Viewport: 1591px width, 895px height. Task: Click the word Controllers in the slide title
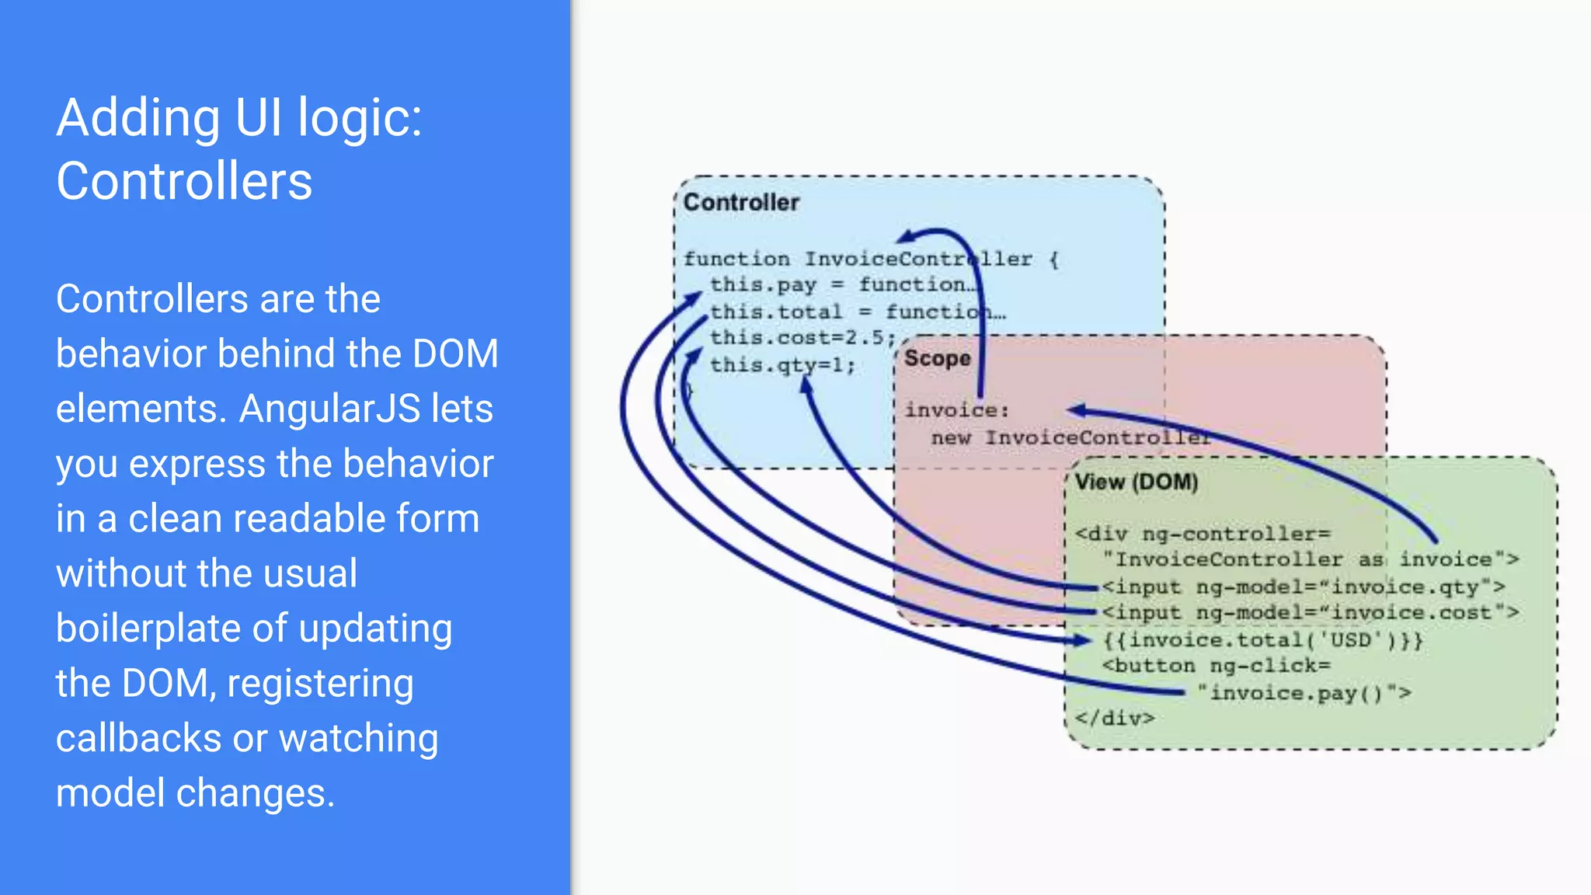(184, 181)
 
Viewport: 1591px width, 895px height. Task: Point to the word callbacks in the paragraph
(138, 738)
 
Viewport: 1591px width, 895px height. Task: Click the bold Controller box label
(740, 203)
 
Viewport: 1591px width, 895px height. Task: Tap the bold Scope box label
(937, 359)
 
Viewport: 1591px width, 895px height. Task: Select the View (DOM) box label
(1136, 482)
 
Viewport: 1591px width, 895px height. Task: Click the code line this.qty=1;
(782, 365)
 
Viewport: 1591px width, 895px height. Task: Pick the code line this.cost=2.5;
(802, 338)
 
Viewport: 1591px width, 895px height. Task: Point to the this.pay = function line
(839, 285)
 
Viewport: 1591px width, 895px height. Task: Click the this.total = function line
(855, 312)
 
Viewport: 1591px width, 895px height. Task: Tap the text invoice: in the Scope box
(956, 410)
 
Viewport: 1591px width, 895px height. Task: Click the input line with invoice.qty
(1302, 587)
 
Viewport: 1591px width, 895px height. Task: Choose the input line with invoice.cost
(1310, 613)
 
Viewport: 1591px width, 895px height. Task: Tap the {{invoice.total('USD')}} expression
(1263, 640)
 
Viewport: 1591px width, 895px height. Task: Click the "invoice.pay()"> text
(1304, 693)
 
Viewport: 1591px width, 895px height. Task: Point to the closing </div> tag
(1114, 719)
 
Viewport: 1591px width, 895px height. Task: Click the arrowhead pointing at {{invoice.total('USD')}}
(1083, 640)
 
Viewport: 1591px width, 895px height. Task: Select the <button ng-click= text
(1216, 667)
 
